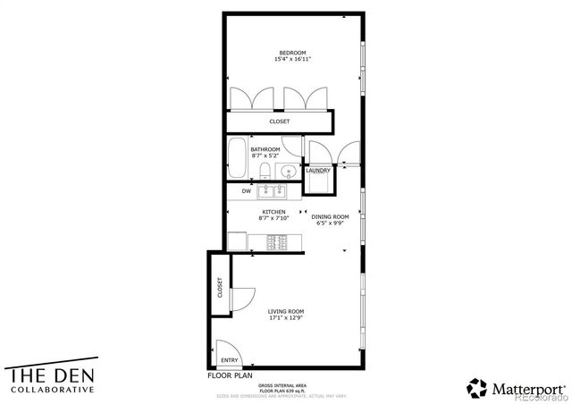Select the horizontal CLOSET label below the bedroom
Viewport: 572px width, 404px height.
tap(280, 122)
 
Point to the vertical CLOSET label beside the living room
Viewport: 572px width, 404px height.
tap(220, 288)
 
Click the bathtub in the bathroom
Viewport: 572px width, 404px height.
tap(237, 159)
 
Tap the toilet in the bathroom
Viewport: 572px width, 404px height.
tap(265, 172)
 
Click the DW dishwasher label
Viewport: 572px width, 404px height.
tap(246, 191)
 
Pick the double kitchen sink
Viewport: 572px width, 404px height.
tap(272, 190)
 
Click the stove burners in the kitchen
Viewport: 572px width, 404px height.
tap(276, 240)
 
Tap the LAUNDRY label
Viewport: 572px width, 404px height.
tap(319, 171)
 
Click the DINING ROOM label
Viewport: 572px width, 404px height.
tap(329, 216)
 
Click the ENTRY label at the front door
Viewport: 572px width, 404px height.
tap(229, 361)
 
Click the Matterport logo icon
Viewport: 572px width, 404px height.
tap(478, 388)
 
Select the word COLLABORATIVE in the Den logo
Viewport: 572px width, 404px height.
tap(52, 390)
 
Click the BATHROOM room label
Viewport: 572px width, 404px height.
tap(265, 149)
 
